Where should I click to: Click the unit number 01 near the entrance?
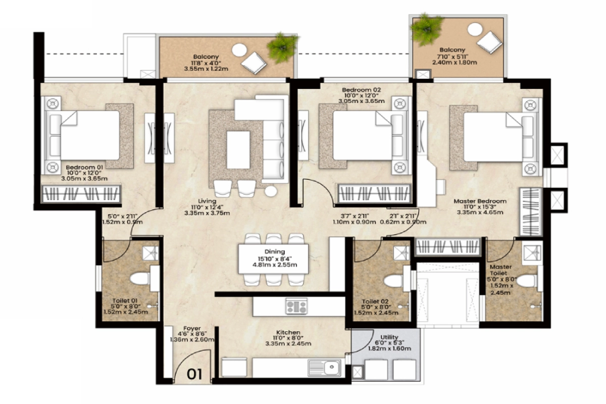click(195, 374)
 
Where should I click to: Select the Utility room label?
click(389, 337)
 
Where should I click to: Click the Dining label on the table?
click(274, 251)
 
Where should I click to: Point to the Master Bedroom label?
click(479, 201)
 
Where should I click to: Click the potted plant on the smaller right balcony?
click(427, 27)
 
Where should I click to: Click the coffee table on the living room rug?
click(238, 149)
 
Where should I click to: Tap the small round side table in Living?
click(271, 191)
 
